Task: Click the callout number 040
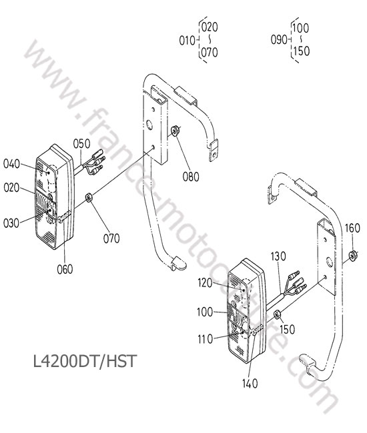[x=11, y=164]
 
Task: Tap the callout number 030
[x=11, y=223]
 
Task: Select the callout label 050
[x=81, y=144]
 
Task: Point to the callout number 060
[x=65, y=269]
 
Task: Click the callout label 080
[x=191, y=177]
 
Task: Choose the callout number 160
[x=352, y=228]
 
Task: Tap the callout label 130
[x=278, y=256]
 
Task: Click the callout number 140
[x=250, y=383]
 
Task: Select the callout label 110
[x=206, y=339]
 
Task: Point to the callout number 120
[x=205, y=283]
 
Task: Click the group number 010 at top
[x=188, y=41]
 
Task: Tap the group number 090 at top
[x=279, y=40]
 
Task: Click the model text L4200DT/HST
[x=85, y=361]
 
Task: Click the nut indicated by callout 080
[x=175, y=131]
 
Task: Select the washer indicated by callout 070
[x=89, y=198]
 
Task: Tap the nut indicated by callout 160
[x=353, y=255]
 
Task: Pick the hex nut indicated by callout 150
[x=278, y=314]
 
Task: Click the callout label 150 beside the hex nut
[x=287, y=329]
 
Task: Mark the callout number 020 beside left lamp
[x=11, y=188]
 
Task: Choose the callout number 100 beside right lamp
[x=205, y=312]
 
